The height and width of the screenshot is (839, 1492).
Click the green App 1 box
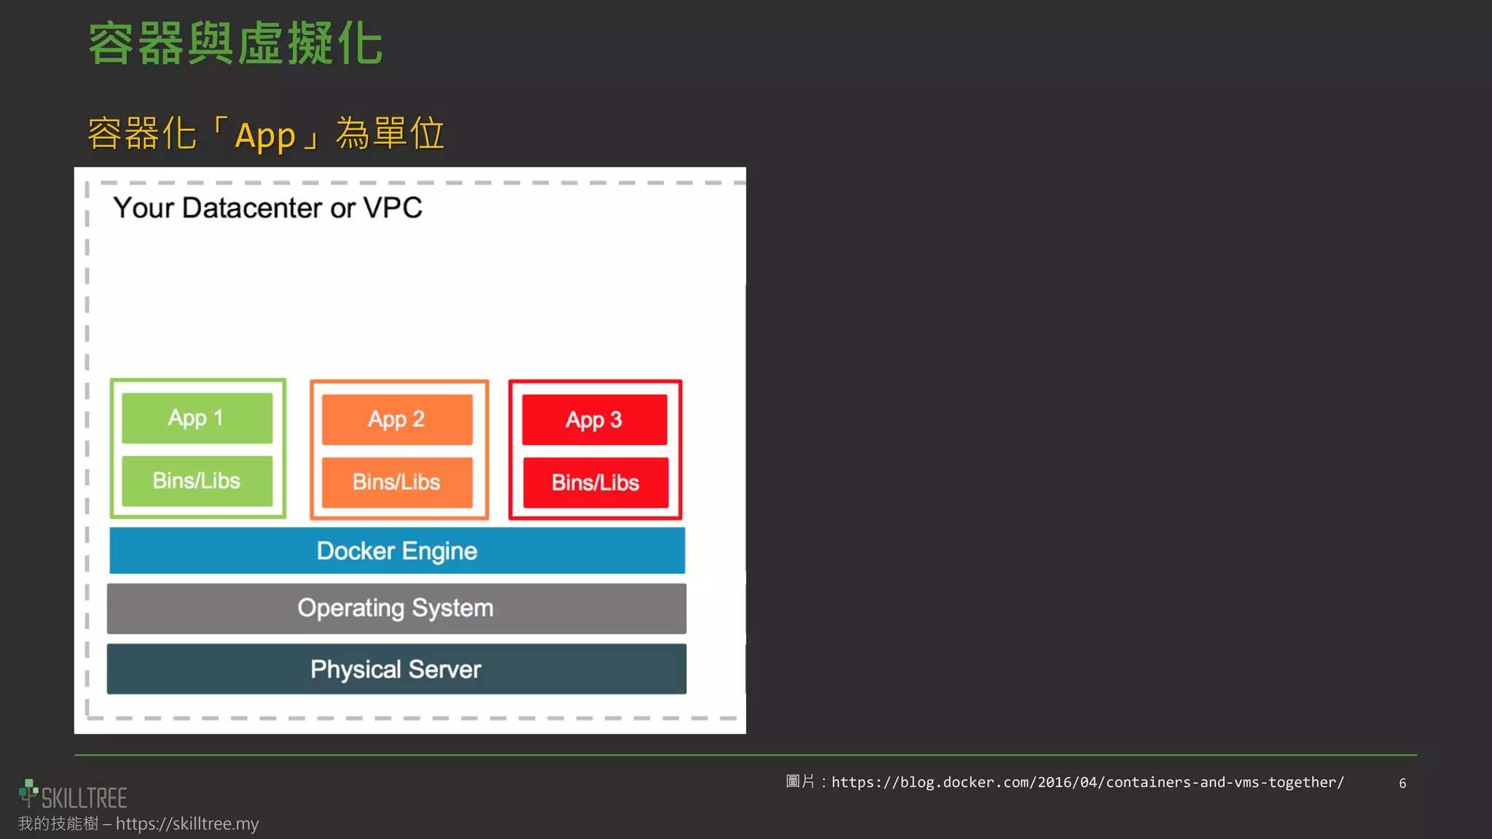197,418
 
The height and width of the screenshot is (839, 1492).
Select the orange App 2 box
397,419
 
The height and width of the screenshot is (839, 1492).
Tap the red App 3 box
594,419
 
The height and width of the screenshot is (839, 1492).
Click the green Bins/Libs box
197,481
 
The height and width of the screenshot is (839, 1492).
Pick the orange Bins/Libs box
397,482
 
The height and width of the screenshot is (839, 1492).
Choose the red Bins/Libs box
595,483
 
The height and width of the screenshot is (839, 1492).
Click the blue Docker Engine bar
397,551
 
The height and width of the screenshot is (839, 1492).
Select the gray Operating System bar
396,608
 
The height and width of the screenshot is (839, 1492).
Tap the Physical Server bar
396,669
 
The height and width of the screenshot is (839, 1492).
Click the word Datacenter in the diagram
252,208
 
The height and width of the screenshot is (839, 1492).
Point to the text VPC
393,208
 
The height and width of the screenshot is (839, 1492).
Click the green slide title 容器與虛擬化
235,44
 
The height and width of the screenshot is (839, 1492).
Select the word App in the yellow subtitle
265,135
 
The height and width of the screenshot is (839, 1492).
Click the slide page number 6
1402,784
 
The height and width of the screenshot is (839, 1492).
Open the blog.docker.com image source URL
1088,782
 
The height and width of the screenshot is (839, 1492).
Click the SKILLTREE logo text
84,798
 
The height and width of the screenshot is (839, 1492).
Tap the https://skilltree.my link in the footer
187,824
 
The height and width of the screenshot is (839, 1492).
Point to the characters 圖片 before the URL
800,782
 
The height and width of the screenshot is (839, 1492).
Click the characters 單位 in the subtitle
408,134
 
